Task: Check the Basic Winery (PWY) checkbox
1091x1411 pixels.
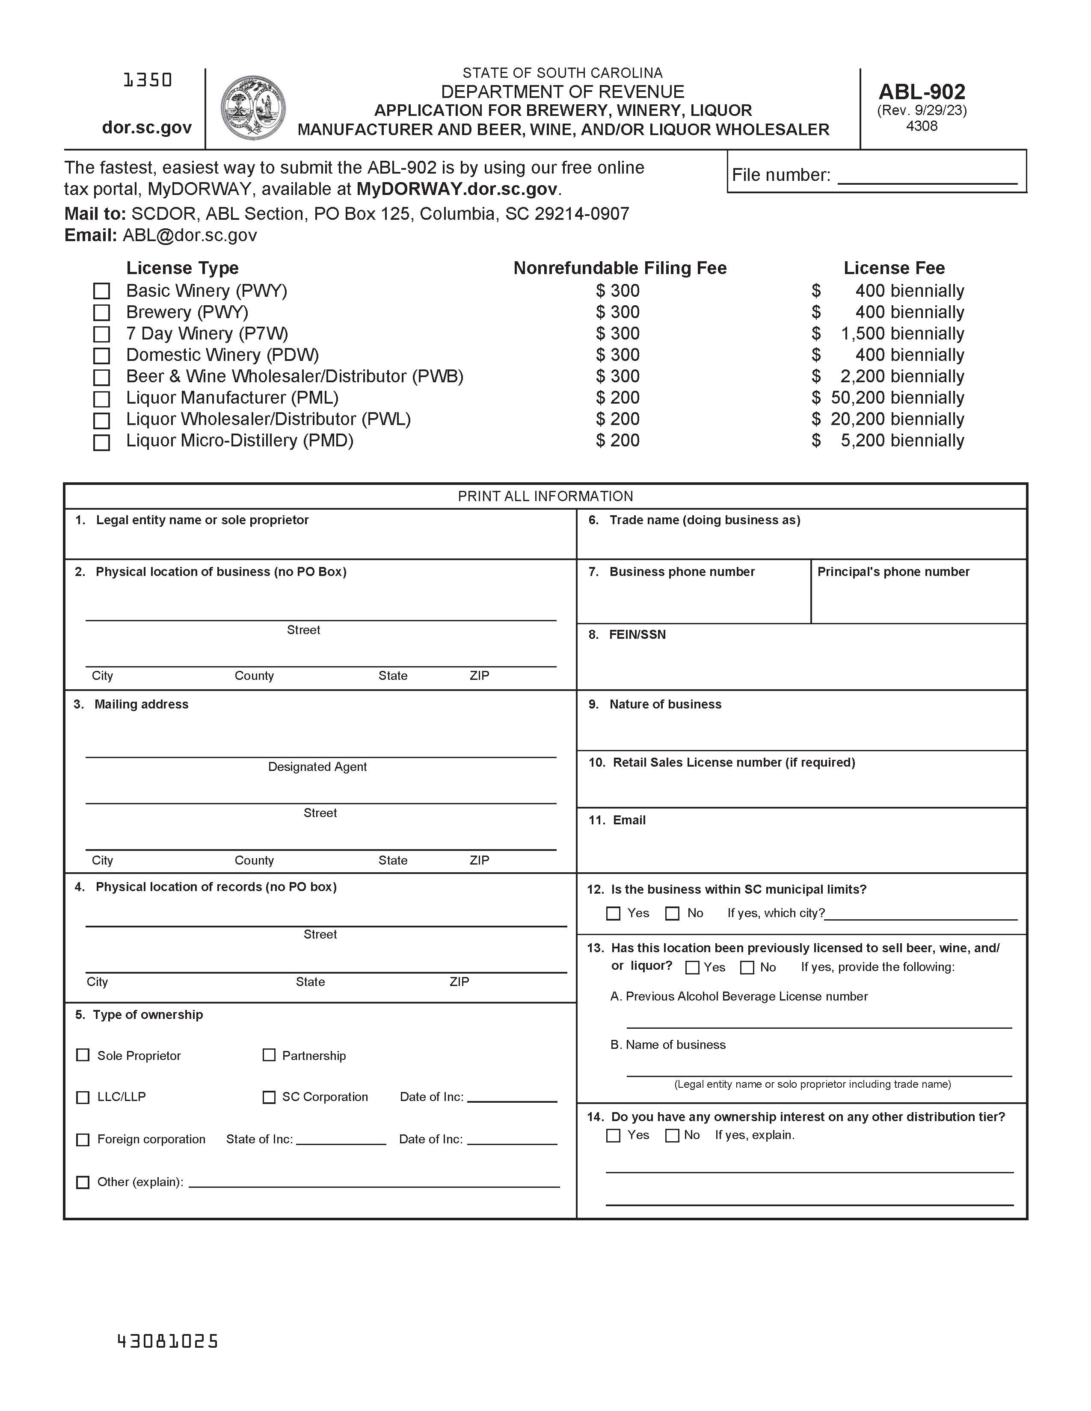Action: click(101, 291)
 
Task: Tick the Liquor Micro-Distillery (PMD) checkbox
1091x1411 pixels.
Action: click(101, 443)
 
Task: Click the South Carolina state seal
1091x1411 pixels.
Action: click(253, 108)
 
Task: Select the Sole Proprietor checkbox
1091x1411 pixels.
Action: click(83, 1055)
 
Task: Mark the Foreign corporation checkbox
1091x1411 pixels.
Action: click(83, 1139)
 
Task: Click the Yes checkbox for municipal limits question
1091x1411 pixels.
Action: click(614, 914)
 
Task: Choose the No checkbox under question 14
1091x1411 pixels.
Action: click(672, 1136)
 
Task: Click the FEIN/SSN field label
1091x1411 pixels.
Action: click(637, 635)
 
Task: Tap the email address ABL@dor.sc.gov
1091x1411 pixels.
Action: click(190, 235)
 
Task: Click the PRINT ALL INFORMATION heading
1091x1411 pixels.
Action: click(545, 496)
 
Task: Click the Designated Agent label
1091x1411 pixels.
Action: click(317, 767)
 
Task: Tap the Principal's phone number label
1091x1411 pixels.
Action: click(893, 572)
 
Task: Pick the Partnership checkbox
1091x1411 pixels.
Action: click(269, 1055)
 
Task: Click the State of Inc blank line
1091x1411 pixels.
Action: click(341, 1139)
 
